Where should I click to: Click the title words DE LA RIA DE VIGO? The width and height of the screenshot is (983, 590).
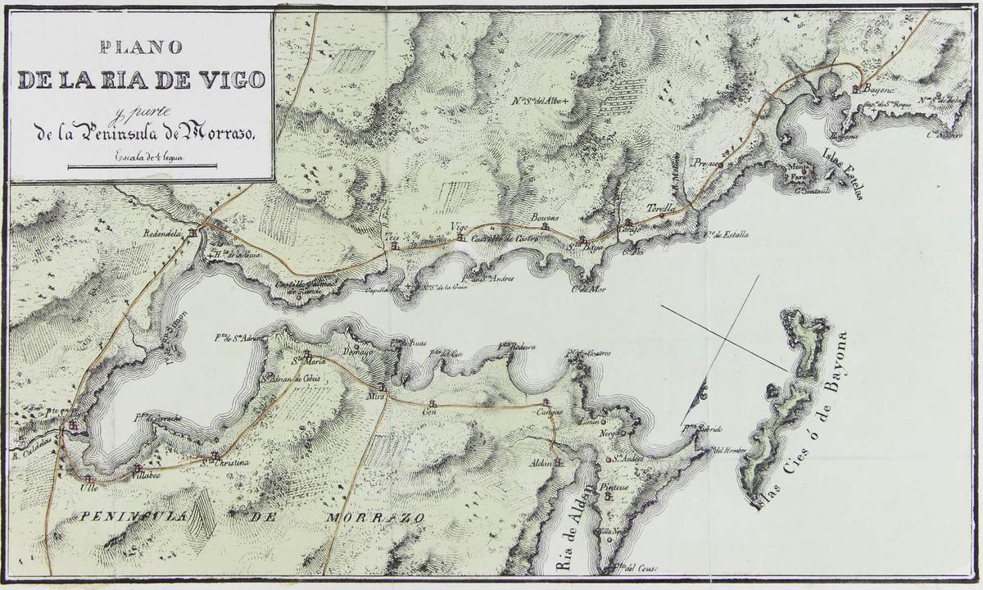(141, 80)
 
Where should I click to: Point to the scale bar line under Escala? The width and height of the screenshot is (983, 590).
(142, 166)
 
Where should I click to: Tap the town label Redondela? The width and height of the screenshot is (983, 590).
(167, 233)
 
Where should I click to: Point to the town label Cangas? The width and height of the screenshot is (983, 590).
(549, 412)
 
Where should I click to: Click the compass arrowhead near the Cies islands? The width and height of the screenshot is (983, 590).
(702, 396)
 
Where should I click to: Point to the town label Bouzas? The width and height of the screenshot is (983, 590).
(544, 217)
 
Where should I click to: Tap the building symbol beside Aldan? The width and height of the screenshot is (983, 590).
(559, 462)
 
